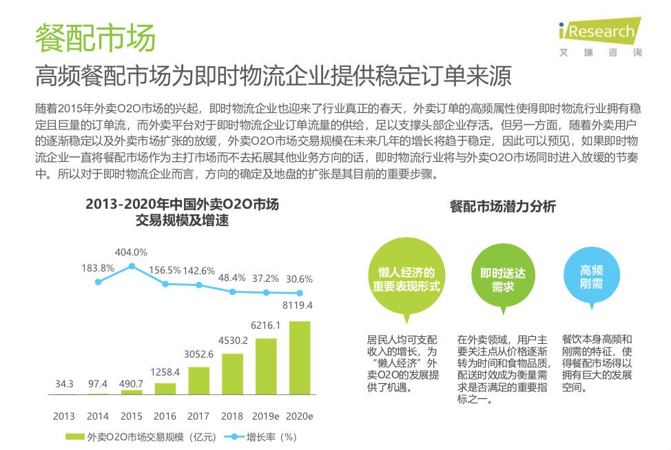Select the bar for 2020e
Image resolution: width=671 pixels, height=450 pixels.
point(300,358)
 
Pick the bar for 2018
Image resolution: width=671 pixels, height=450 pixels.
point(233,374)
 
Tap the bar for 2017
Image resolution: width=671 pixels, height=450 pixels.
point(198,380)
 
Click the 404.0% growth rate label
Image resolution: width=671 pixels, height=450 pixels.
point(131,252)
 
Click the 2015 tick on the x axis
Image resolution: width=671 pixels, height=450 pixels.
point(132,416)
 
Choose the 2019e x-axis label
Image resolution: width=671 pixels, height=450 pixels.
point(266,416)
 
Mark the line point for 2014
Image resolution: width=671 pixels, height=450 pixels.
point(98,282)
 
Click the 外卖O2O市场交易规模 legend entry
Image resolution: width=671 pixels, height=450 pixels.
point(128,437)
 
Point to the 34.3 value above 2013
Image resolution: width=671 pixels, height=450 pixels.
point(64,383)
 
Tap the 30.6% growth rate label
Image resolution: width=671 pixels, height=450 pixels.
point(299,278)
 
